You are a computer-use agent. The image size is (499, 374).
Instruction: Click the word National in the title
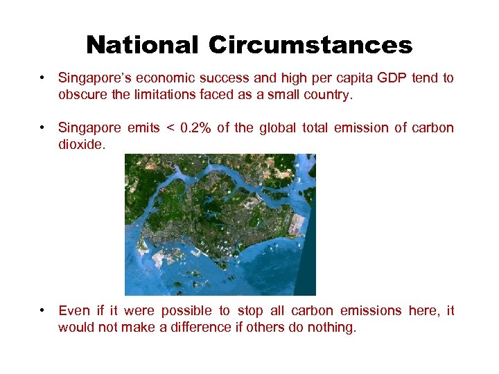coord(142,45)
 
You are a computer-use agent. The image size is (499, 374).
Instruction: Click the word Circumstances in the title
coord(310,45)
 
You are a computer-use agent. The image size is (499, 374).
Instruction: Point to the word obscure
coord(81,95)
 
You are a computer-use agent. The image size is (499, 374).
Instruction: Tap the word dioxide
coord(81,145)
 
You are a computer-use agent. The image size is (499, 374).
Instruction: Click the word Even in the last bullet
coord(73,310)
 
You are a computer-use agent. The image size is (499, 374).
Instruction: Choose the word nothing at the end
coord(331,328)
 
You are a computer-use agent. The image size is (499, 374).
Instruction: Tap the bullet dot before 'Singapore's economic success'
coord(43,78)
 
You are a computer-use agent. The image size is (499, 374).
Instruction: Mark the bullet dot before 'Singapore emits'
coord(43,128)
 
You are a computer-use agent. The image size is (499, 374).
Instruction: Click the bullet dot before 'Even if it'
coord(43,311)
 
